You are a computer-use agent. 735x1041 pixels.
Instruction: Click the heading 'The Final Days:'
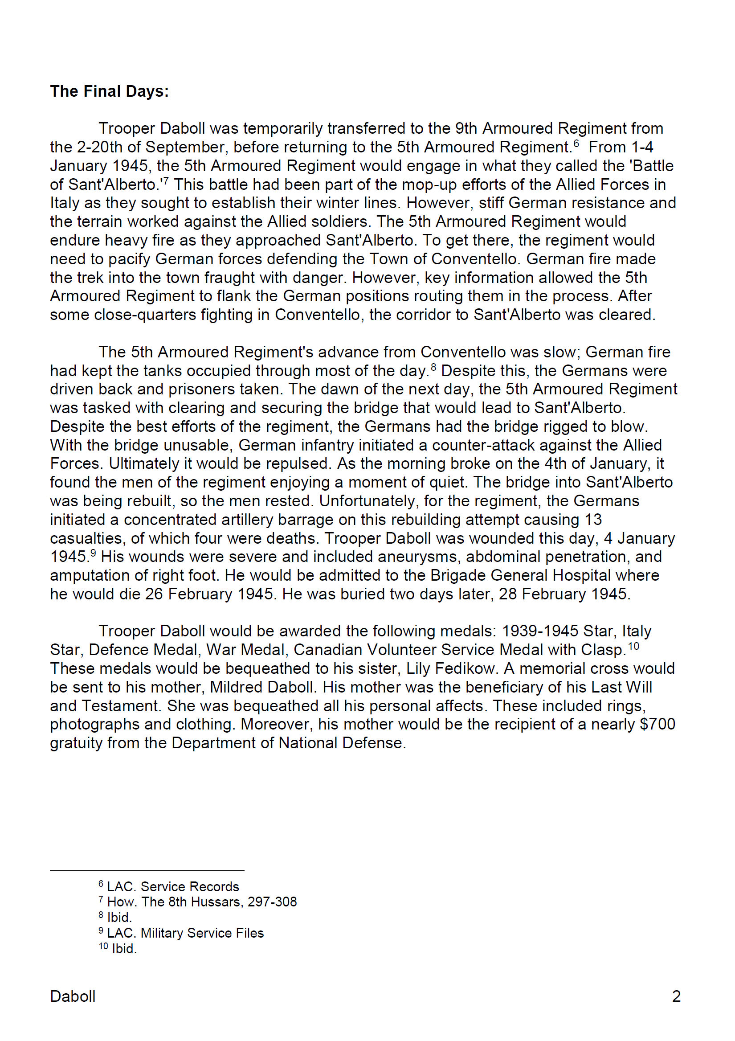109,92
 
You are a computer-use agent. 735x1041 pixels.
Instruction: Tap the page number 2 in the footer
676,996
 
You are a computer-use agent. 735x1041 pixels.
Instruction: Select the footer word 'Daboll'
73,996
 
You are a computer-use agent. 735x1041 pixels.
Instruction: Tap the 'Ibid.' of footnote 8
119,917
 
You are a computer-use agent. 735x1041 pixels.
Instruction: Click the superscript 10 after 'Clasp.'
633,646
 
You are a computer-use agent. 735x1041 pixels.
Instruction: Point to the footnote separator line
147,870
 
